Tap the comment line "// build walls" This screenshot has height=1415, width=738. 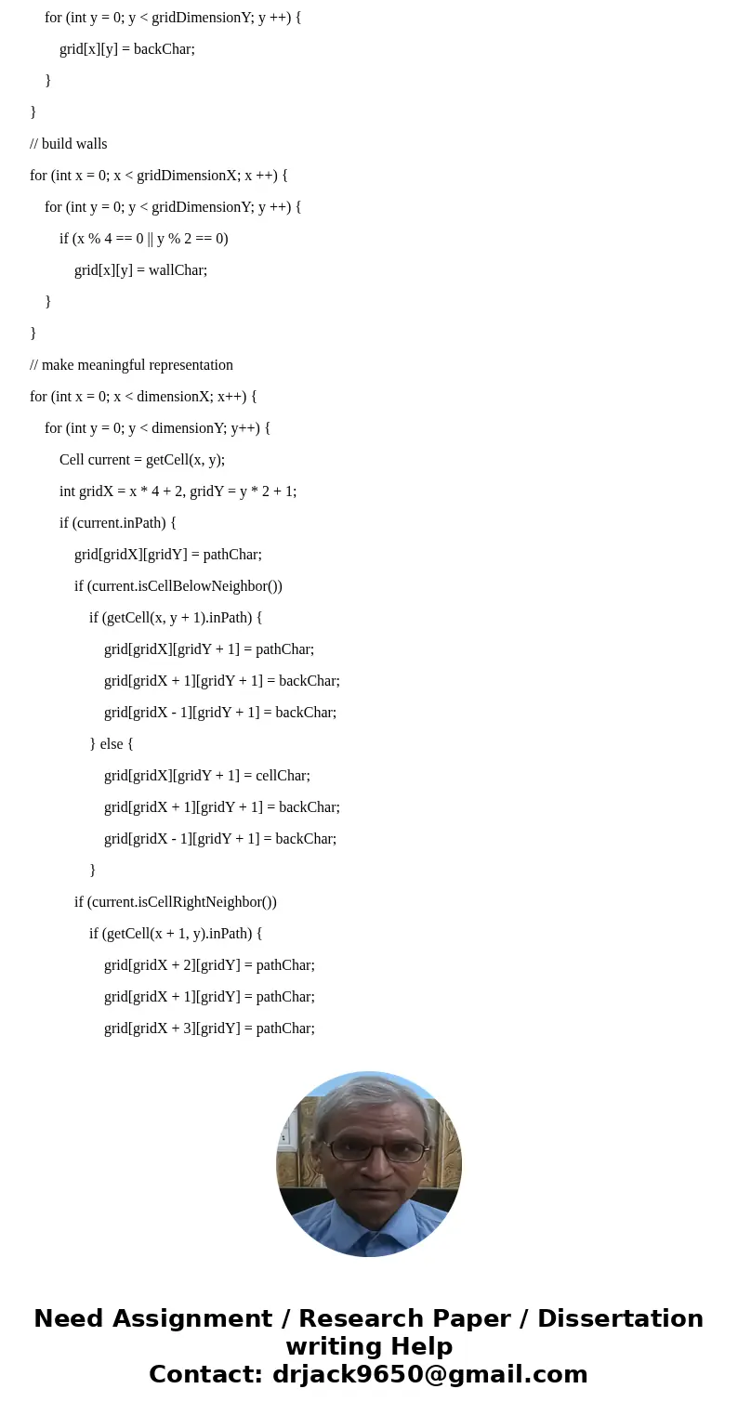point(69,143)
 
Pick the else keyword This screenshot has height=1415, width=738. point(112,743)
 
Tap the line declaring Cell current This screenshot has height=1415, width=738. point(142,459)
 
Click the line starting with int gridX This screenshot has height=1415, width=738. point(178,491)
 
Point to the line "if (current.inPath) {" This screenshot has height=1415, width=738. point(118,522)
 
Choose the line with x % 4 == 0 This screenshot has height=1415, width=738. point(144,238)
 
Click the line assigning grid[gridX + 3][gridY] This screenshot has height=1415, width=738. point(209,1028)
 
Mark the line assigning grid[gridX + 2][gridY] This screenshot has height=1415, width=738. point(209,964)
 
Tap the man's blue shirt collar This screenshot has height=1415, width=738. point(370,1212)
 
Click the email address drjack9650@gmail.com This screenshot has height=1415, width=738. point(429,1374)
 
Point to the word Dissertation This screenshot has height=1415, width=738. point(620,1318)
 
